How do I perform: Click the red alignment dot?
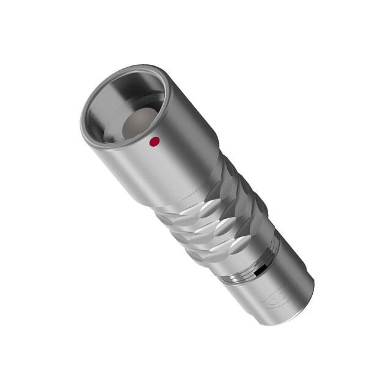click(155, 142)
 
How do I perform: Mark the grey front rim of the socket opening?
click(92, 131)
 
